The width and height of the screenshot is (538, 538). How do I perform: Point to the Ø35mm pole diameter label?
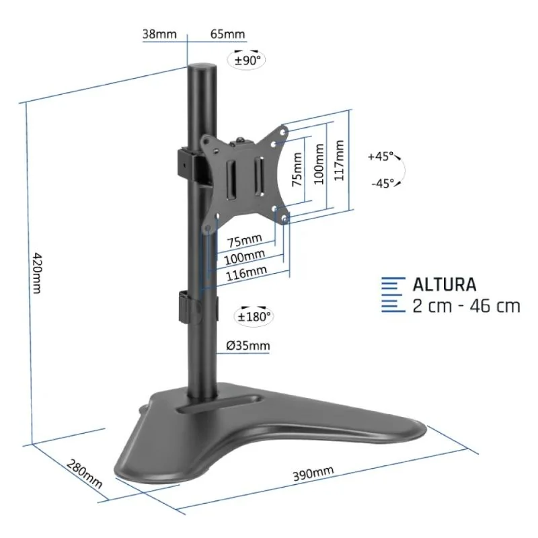[x=248, y=346]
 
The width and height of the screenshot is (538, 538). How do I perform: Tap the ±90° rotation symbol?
[x=247, y=59]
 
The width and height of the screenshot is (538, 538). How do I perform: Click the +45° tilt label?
[x=381, y=157]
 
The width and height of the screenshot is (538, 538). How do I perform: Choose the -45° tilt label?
[x=383, y=184]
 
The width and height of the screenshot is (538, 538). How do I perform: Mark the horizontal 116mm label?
[x=247, y=272]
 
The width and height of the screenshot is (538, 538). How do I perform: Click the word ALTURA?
[x=445, y=284]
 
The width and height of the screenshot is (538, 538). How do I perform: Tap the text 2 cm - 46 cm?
[x=466, y=306]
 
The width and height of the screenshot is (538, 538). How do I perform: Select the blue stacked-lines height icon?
[x=393, y=295]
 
